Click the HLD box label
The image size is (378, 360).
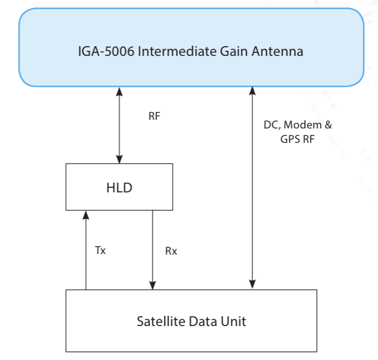point(119,187)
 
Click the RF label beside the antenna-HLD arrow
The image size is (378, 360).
point(154,116)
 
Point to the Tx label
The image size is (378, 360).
point(100,250)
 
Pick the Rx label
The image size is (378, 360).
point(171,251)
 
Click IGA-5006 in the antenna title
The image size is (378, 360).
point(106,51)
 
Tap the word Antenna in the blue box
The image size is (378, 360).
point(277,51)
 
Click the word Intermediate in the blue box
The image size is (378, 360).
point(177,51)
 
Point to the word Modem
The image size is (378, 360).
point(303,125)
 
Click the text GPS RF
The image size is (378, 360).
point(297,139)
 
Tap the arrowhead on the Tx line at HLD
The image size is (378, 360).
point(86,215)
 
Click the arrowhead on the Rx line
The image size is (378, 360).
point(152,285)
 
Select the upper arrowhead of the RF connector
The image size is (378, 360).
point(119,92)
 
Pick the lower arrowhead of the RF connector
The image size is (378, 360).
point(119,159)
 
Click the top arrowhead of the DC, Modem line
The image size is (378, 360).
point(252,91)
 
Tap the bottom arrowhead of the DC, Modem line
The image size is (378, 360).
point(252,284)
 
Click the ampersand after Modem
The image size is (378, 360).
point(329,125)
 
